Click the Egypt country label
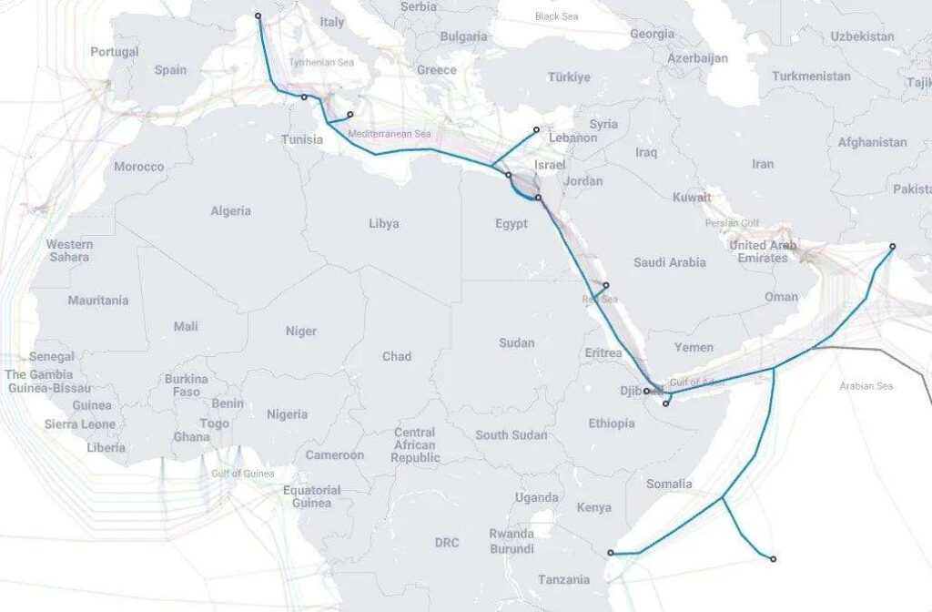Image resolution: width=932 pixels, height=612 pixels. (511, 224)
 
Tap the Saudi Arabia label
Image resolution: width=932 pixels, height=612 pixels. (669, 262)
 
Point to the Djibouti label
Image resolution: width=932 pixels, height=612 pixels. (632, 391)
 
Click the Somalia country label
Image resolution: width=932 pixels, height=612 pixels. (670, 484)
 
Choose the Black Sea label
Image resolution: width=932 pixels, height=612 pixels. (556, 16)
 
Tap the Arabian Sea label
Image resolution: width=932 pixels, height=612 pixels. (866, 386)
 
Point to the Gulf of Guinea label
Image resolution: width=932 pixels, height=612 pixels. (242, 474)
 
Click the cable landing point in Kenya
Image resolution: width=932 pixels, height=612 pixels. (611, 553)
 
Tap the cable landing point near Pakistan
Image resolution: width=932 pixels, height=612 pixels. (892, 246)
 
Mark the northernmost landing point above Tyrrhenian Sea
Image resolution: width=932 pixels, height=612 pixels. (258, 15)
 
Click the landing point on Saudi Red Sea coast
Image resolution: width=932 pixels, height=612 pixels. (606, 285)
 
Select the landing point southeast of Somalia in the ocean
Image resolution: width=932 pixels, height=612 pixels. (774, 558)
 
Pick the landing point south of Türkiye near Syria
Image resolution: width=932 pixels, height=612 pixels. (536, 129)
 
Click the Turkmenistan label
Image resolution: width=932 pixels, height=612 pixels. (811, 76)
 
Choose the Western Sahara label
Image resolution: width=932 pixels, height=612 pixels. (69, 250)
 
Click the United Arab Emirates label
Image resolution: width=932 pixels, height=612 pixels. (763, 251)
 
